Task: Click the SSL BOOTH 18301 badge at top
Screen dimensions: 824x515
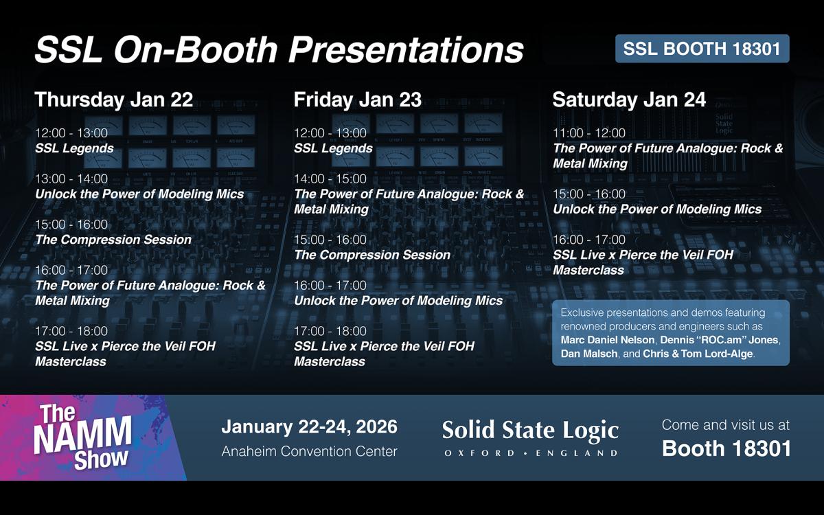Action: (x=702, y=49)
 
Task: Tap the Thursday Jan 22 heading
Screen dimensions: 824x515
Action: (x=114, y=100)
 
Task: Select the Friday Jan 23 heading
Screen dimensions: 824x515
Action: (x=358, y=100)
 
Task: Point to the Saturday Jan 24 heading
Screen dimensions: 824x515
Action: (x=629, y=100)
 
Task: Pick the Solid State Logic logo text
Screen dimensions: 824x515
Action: (x=530, y=431)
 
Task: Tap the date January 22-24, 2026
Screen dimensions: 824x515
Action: (x=310, y=426)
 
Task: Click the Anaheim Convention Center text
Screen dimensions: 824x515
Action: (x=310, y=451)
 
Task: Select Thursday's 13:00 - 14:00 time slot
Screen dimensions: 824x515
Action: (x=71, y=179)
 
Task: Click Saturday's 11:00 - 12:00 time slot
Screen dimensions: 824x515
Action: (x=589, y=133)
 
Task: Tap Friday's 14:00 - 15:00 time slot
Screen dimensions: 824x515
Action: (x=330, y=179)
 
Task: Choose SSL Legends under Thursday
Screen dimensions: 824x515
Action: (x=74, y=148)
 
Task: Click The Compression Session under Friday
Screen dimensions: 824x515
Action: (x=372, y=255)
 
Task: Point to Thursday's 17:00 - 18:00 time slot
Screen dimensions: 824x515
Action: (x=71, y=331)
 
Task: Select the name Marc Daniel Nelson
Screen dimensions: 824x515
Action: (x=607, y=339)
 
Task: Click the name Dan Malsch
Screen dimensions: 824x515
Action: (x=589, y=354)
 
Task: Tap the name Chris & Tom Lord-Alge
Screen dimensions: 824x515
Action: (x=698, y=354)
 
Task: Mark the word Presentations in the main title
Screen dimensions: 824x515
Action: (x=406, y=49)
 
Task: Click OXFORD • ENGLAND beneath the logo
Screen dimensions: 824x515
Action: (x=531, y=453)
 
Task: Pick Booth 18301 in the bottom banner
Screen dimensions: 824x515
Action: (x=726, y=448)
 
